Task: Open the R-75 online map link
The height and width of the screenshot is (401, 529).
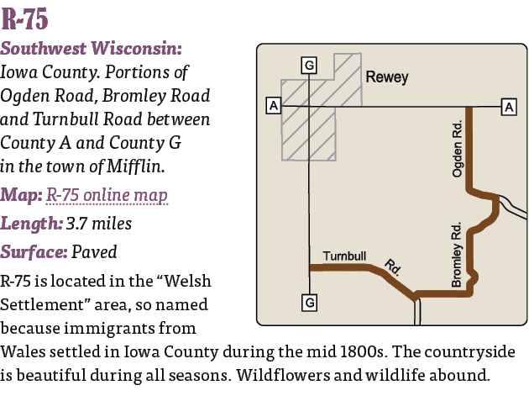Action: click(107, 196)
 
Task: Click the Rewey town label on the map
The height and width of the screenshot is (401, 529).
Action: click(387, 77)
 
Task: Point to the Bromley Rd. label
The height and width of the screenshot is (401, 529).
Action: click(457, 255)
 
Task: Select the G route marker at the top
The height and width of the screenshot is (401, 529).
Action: click(309, 65)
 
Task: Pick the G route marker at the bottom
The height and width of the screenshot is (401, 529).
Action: click(309, 302)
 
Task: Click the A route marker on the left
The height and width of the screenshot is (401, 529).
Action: click(272, 106)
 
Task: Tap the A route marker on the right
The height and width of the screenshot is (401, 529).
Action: click(509, 106)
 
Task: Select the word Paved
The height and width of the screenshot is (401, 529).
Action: click(94, 251)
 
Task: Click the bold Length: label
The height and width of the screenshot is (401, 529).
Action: click(29, 224)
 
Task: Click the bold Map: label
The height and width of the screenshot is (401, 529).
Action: click(21, 196)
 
